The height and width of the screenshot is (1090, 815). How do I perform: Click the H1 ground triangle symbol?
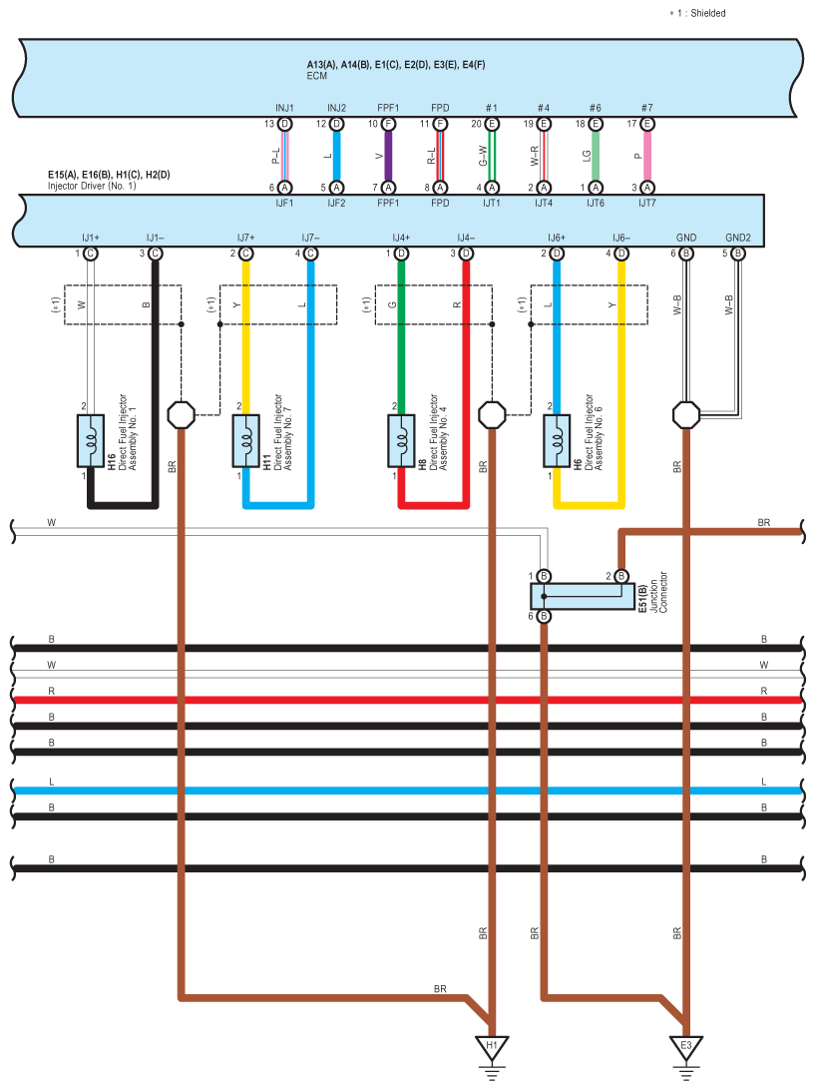coord(492,1048)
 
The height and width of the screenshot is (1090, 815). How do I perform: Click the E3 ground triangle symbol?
coord(686,1048)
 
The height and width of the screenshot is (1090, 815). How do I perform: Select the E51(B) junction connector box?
coord(583,597)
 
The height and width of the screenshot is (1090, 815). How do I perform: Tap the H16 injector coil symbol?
coord(91,441)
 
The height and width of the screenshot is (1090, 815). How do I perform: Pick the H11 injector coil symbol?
coord(246,441)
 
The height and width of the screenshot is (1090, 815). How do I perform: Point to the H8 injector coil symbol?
coord(401,441)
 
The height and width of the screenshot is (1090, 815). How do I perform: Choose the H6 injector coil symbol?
coord(557,441)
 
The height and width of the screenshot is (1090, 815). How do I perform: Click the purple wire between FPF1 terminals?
coord(388,156)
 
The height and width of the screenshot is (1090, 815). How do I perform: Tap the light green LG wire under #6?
coord(596,156)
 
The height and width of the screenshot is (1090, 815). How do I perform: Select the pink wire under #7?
coord(647,156)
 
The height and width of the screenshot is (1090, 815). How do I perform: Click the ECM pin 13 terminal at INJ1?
coord(284,124)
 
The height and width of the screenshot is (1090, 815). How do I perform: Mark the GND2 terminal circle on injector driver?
coord(738,254)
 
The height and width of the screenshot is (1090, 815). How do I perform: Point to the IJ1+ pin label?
coord(91,238)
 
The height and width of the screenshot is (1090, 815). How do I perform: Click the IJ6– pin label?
coord(621,238)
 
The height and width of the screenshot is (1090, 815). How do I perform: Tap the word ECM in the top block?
coord(317,76)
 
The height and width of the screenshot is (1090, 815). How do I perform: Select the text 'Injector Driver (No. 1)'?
coord(92,186)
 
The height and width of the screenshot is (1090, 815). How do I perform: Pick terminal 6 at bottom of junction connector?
coord(544,616)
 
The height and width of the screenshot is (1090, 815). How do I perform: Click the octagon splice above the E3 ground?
coord(686,415)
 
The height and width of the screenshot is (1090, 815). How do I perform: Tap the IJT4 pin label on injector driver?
coord(544,203)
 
